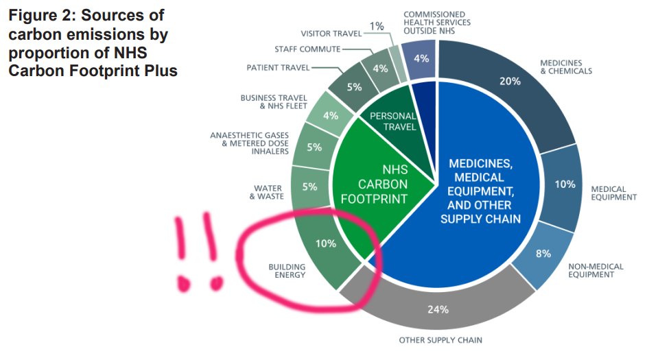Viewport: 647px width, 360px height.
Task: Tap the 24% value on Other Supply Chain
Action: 438,309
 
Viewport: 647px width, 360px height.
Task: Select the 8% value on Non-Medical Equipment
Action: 543,254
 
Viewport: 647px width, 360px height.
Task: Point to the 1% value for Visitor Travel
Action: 377,27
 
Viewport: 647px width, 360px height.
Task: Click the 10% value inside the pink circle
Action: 325,243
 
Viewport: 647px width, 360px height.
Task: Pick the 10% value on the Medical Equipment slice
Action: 565,184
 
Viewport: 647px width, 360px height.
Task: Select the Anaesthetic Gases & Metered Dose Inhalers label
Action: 250,143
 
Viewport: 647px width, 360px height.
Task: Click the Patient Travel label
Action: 278,67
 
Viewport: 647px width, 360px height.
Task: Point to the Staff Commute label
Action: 307,49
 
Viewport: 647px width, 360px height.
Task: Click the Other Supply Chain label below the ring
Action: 440,340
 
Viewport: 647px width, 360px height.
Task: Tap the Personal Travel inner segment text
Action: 393,121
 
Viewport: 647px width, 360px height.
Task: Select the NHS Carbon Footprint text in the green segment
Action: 384,184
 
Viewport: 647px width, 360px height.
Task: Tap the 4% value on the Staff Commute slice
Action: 379,69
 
